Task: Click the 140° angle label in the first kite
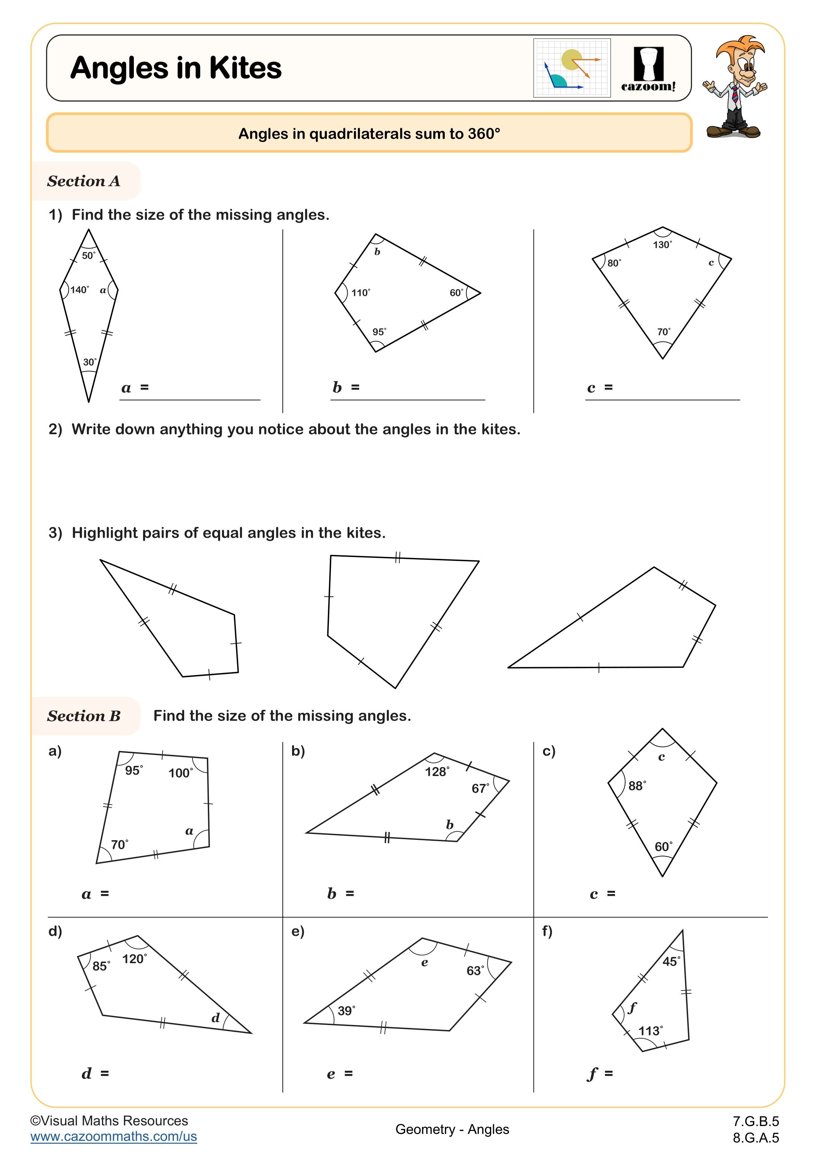click(x=79, y=290)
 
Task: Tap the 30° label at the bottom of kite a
click(x=89, y=362)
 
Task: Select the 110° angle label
click(x=360, y=292)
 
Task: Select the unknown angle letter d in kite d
click(x=215, y=1018)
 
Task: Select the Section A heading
click(x=84, y=181)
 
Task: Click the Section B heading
click(x=84, y=716)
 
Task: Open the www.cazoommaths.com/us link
click(x=113, y=1137)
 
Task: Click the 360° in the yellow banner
click(x=484, y=134)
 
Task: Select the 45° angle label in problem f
click(x=671, y=962)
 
